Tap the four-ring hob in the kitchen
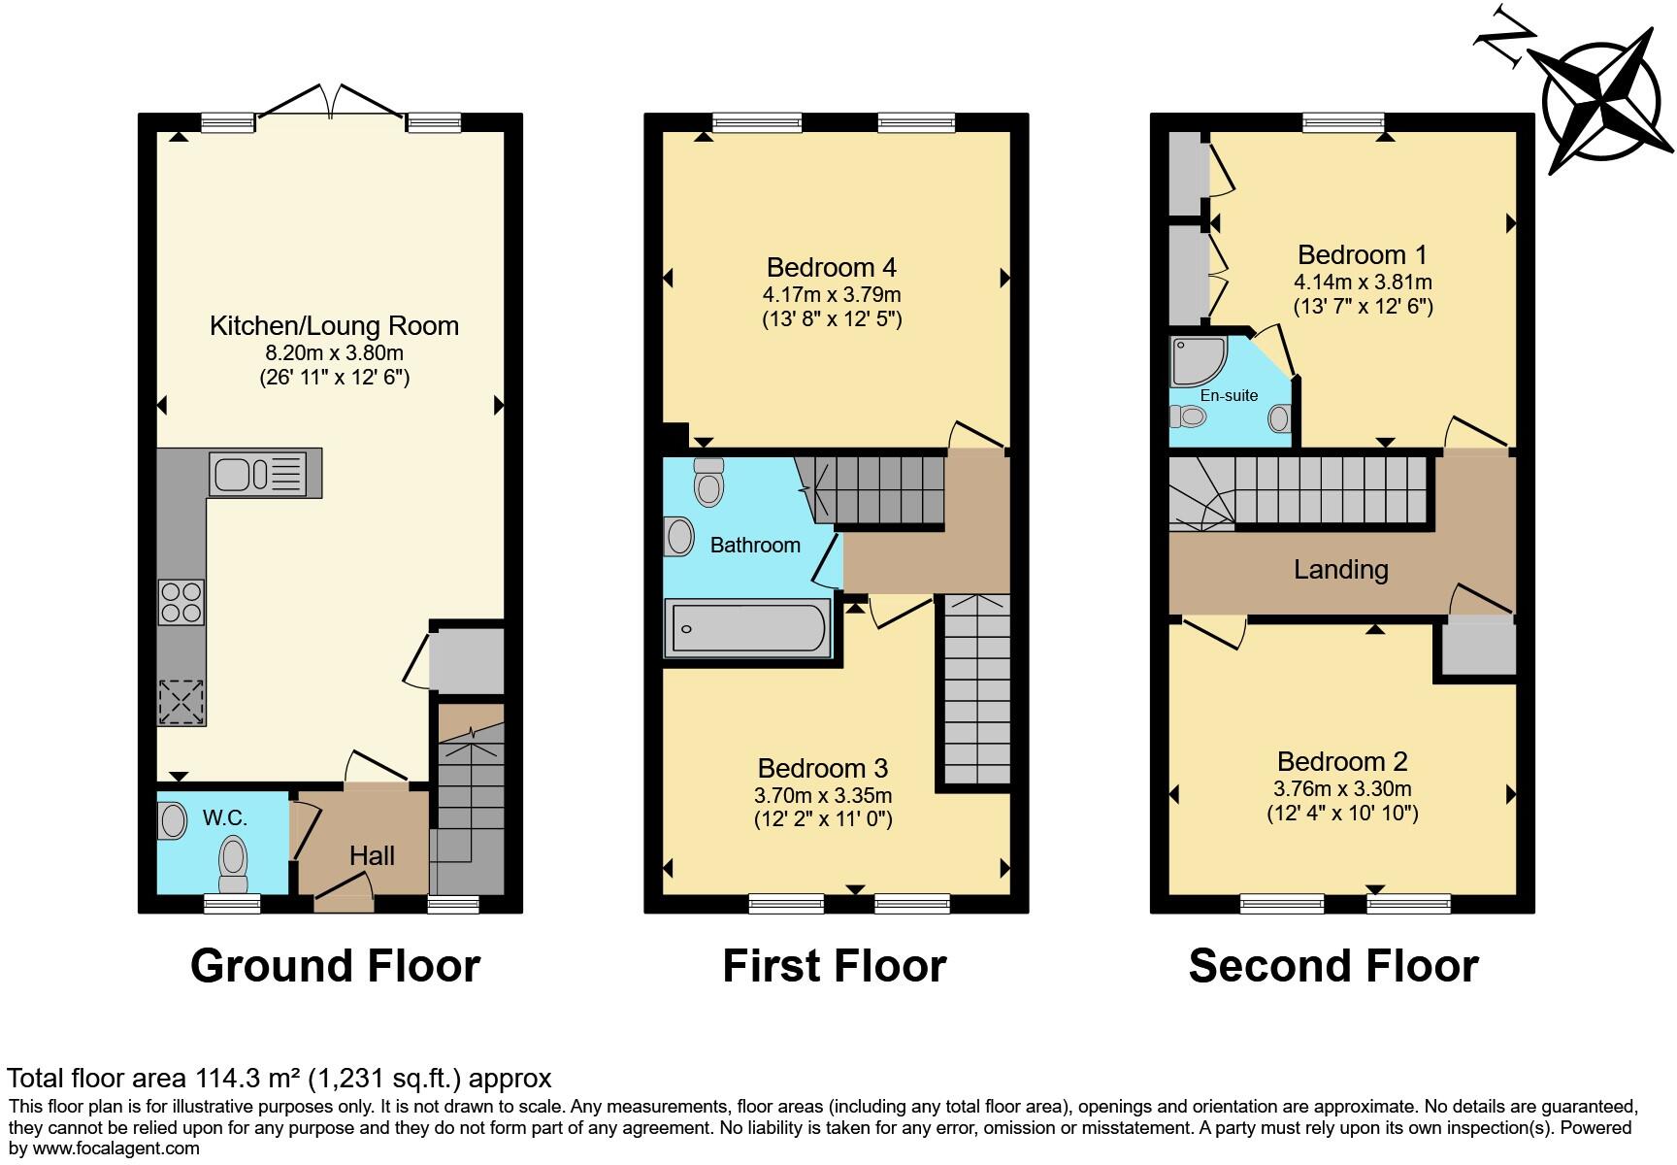(181, 601)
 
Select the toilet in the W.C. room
(234, 863)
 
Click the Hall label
(372, 855)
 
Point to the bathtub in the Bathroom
(747, 627)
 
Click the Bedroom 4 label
(832, 267)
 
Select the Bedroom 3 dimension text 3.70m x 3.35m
(823, 795)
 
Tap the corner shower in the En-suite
(1199, 361)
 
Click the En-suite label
(1229, 395)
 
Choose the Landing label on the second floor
(1340, 569)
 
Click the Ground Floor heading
(335, 966)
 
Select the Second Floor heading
(1333, 966)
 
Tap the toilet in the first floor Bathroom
(709, 483)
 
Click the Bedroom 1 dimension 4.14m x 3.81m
(1363, 283)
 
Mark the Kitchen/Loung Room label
(334, 325)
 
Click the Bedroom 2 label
(1342, 761)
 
